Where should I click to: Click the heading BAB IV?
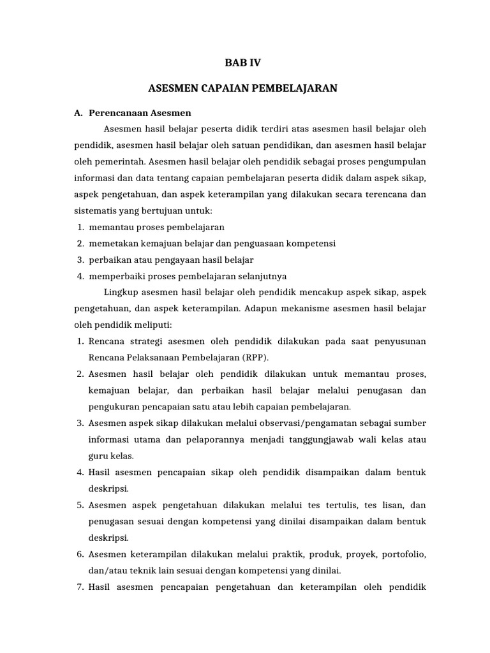243,62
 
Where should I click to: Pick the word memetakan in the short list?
112,244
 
